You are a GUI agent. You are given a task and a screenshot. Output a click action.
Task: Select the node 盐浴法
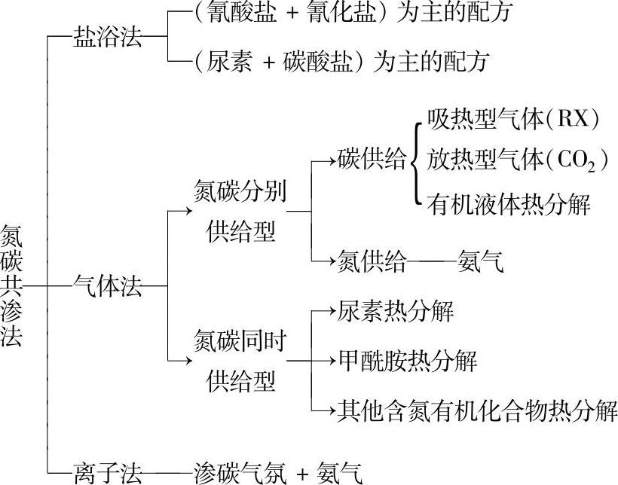107,37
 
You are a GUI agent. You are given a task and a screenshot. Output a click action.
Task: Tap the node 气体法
107,286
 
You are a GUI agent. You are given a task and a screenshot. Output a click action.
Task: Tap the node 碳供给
372,160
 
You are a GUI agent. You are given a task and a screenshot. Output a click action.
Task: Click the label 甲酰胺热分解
407,359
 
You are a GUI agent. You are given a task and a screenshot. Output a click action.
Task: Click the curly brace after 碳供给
416,160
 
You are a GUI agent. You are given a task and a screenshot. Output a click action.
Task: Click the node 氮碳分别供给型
240,211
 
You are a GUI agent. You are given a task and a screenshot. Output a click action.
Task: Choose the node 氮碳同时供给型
240,359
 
